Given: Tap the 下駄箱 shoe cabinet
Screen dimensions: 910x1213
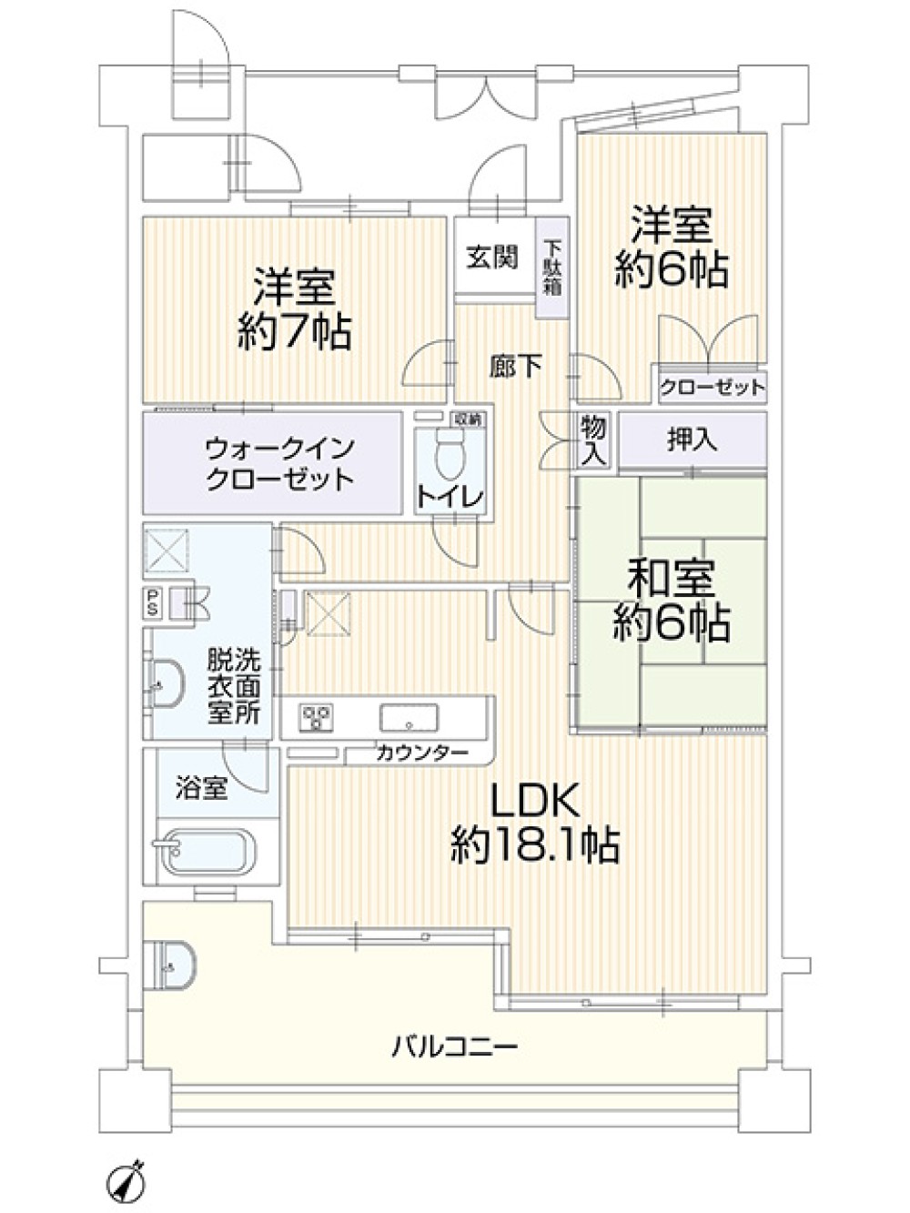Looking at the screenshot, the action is pos(553,268).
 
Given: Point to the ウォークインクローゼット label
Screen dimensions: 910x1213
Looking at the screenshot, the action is pos(279,464).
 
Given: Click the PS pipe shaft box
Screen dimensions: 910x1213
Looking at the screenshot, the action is pos(152,601).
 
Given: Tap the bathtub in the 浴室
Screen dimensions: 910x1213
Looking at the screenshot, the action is pos(212,852).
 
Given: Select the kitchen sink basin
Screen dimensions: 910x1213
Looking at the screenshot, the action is pos(409,718).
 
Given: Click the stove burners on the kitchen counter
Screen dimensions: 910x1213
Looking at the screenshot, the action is pos(317,717).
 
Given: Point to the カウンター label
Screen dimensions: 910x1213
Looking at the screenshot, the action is pos(422,753).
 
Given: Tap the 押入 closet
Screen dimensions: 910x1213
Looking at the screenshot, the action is pos(693,440).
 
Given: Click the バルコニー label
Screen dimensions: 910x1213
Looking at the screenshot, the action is pos(455,1046).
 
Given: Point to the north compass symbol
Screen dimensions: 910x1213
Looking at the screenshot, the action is pos(125,1168).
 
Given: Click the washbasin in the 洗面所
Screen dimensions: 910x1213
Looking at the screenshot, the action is pos(167,684).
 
